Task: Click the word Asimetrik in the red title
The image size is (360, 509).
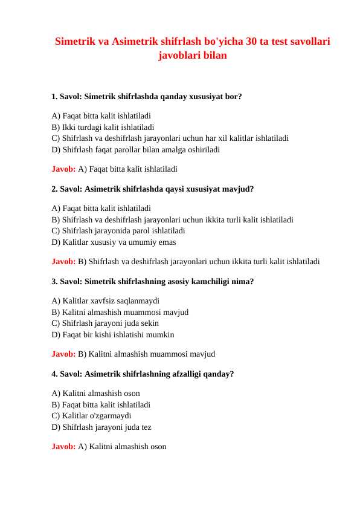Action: (135, 42)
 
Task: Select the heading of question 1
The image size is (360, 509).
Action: (147, 96)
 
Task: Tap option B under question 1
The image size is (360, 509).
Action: (103, 127)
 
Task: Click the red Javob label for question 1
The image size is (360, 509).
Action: (63, 169)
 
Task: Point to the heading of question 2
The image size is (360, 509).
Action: (153, 189)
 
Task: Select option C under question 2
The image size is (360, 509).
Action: (118, 230)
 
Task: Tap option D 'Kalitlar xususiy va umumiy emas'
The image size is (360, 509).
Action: (114, 242)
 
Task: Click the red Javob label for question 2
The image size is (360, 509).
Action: (63, 262)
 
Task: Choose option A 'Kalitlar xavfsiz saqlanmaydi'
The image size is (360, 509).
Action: (106, 300)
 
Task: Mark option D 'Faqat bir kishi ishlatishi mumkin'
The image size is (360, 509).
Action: (113, 334)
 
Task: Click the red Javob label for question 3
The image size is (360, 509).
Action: (63, 354)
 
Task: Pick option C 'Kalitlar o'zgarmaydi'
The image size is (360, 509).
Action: (91, 415)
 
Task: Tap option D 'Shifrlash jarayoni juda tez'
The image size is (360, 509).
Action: (101, 427)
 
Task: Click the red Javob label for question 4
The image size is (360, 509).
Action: (63, 447)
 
